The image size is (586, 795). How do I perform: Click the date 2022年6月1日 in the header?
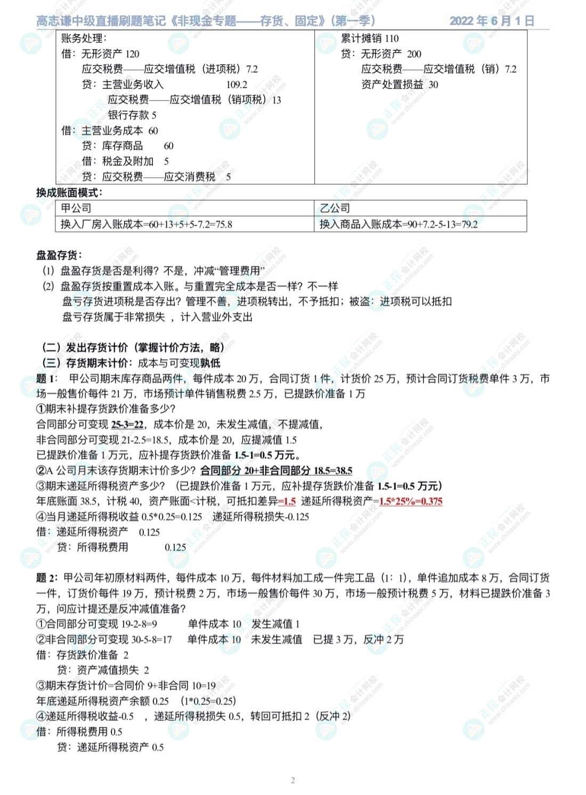491,21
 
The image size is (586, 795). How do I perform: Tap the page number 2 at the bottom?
293,781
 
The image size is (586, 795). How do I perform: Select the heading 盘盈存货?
59,255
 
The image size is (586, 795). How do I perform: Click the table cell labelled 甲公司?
76,208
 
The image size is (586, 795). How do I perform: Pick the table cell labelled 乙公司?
335,208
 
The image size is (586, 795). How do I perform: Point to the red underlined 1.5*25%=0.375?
410,501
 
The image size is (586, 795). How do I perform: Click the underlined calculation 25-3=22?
128,424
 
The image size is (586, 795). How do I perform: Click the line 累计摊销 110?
369,38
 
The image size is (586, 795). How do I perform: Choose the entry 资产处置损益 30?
400,84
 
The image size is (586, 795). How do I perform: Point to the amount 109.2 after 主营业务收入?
237,84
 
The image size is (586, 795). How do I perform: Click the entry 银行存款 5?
132,115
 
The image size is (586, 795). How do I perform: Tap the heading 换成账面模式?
69,193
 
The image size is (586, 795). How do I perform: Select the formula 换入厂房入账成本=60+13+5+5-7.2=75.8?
146,224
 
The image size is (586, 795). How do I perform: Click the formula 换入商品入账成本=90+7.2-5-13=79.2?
398,224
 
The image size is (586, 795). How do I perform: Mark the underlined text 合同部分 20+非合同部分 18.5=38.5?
276,470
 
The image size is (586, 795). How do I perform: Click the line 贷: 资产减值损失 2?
103,670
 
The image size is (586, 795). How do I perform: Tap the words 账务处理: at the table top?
84,38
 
